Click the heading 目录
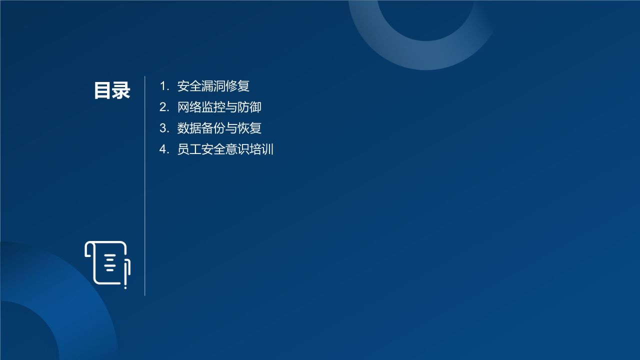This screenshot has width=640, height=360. pos(112,90)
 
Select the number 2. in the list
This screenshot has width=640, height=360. pos(164,107)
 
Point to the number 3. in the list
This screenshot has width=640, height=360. pos(164,128)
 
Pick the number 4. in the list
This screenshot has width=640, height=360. pos(164,149)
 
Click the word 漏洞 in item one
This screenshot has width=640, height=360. pos(213,86)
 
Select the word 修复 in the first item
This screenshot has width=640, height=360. pos(237,86)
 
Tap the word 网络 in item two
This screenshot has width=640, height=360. pos(189,107)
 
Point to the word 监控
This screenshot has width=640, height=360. pos(213,107)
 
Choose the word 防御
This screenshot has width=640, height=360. pos(249,107)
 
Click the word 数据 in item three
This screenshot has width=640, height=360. pos(189,128)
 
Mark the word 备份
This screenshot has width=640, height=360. pos(213,128)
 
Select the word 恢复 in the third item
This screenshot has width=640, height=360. pos(249,128)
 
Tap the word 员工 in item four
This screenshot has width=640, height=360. pos(189,149)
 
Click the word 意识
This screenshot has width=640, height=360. pos(237,149)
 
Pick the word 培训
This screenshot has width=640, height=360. pos(261,149)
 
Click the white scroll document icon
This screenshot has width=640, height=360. pos(107,264)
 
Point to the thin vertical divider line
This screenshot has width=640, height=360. pos(145,200)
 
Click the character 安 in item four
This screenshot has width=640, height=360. pos(207,149)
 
